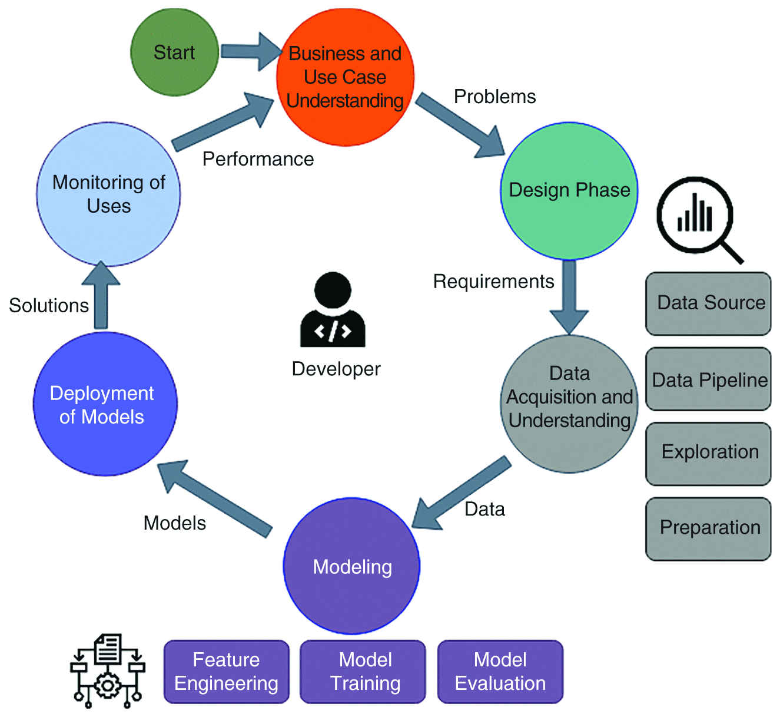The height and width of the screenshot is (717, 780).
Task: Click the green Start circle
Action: click(x=174, y=52)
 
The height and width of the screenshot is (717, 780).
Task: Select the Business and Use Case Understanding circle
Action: click(x=345, y=77)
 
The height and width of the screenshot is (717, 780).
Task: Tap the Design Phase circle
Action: click(x=569, y=190)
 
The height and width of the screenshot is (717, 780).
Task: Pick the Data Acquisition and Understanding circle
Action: click(x=569, y=404)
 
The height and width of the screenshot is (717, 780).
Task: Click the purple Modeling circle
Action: click(x=352, y=567)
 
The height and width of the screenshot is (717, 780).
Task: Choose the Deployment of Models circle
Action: click(x=105, y=405)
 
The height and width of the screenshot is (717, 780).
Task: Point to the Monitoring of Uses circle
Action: click(x=108, y=194)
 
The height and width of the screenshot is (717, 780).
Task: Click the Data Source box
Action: click(x=708, y=303)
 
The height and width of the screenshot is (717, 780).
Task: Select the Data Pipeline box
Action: click(x=708, y=379)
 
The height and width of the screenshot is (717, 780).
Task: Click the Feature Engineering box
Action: click(x=227, y=672)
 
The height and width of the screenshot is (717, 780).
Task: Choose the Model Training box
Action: click(x=363, y=672)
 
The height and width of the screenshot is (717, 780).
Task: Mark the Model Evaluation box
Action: click(x=500, y=672)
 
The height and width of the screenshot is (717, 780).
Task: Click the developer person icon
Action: click(x=333, y=310)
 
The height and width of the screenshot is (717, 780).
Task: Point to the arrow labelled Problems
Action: click(x=461, y=127)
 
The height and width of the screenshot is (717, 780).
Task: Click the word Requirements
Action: click(x=493, y=282)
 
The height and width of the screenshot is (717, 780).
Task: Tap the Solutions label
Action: click(x=49, y=306)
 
